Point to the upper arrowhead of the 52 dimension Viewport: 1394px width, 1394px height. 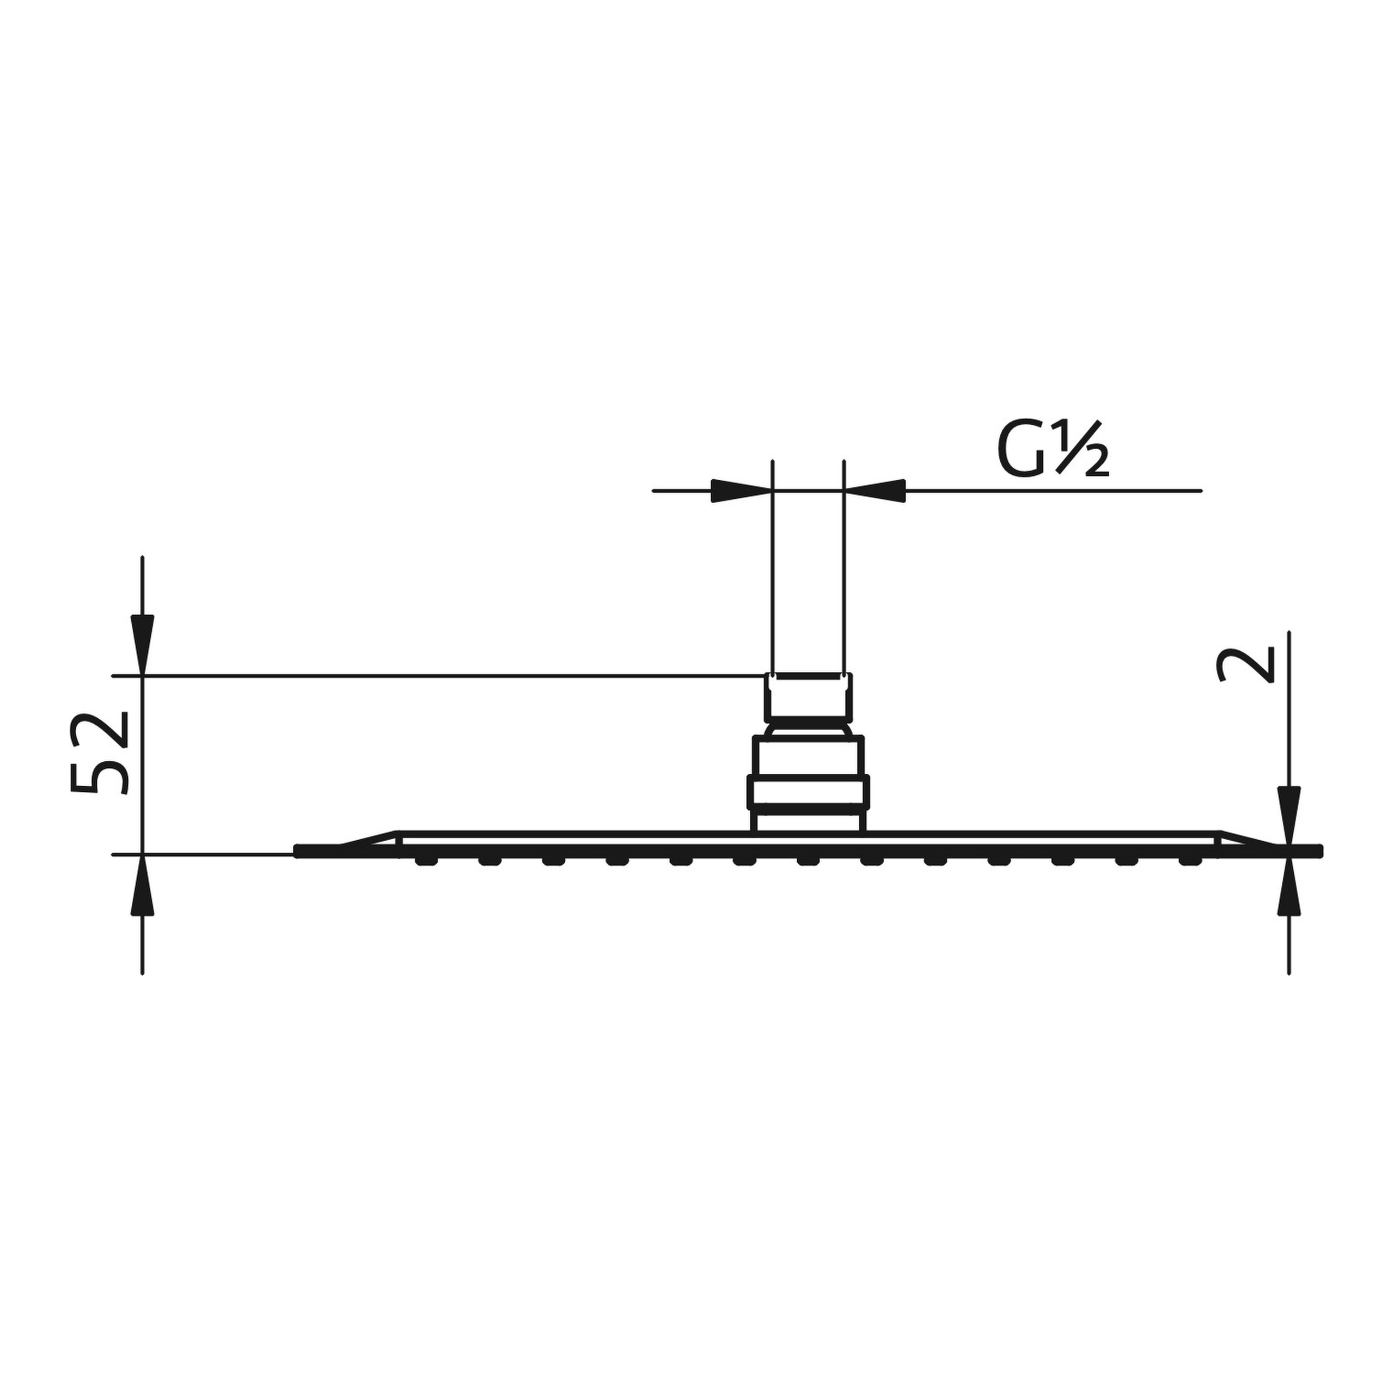pos(142,653)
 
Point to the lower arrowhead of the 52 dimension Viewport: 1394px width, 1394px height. pos(142,877)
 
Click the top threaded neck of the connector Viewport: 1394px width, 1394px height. pos(808,696)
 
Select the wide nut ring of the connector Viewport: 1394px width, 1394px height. pos(808,792)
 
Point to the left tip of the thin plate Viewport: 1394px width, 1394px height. pos(298,852)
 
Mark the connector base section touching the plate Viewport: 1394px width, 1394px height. pos(808,822)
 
